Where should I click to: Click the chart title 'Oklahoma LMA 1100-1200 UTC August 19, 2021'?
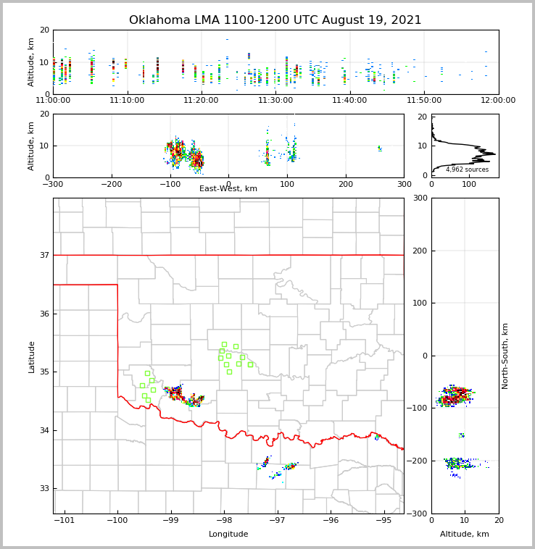[275, 20]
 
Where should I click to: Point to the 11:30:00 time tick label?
[275, 101]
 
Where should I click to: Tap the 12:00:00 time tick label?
[498, 101]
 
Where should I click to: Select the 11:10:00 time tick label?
[127, 101]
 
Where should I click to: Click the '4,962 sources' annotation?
[467, 169]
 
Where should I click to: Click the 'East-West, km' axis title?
[228, 189]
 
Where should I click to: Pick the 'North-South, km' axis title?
[505, 356]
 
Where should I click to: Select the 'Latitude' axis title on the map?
[32, 356]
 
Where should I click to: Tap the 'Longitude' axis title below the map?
[228, 535]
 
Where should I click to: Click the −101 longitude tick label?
[64, 521]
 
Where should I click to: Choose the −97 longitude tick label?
[277, 521]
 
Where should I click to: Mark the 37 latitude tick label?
[44, 255]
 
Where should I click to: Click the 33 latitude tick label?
[44, 488]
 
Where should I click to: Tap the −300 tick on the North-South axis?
[420, 514]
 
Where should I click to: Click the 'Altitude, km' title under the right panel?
[465, 535]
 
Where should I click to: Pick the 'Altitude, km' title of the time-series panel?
[32, 62]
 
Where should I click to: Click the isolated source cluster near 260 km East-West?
[379, 148]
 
